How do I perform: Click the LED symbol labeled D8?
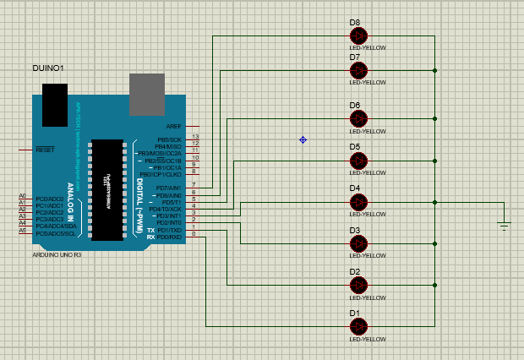point(359,35)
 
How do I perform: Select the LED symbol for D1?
point(359,325)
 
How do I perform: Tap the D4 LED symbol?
point(359,202)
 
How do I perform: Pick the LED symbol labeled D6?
point(359,119)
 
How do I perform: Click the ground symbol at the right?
point(504,225)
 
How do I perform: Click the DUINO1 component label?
point(48,67)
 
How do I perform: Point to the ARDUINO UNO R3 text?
point(57,254)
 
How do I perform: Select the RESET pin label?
point(45,150)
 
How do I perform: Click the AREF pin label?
point(174,126)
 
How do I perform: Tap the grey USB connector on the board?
point(146,90)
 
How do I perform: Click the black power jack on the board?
point(54,105)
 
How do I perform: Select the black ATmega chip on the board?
point(107,188)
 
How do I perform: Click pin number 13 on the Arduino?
point(195,137)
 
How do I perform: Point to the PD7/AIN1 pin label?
point(168,187)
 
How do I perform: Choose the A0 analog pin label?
point(23,195)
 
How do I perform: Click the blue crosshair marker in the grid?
point(303,139)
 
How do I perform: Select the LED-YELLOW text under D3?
point(368,256)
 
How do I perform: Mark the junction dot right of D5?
point(435,161)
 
